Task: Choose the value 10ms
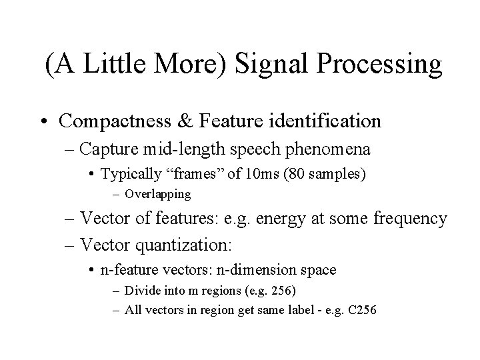(x=245, y=174)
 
